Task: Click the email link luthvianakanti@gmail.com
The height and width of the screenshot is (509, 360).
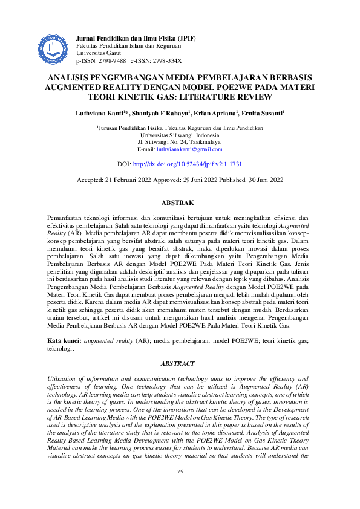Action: (189, 149)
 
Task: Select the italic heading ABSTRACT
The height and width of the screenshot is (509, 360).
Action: (180, 363)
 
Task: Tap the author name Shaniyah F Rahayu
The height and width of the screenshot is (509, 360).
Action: (156, 113)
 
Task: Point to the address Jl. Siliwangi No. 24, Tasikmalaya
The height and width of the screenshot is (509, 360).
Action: (180, 142)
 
